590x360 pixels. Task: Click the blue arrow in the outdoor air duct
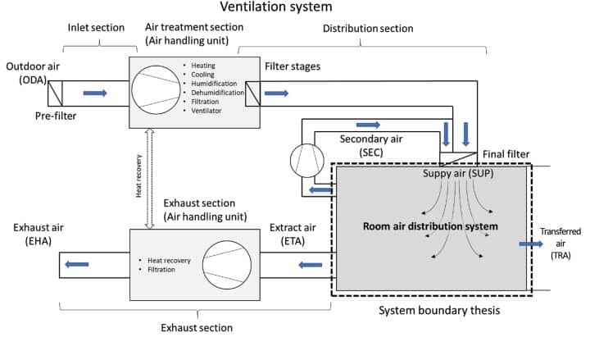point(95,93)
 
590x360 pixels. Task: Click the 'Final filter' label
point(506,153)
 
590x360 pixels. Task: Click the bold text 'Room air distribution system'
point(431,225)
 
